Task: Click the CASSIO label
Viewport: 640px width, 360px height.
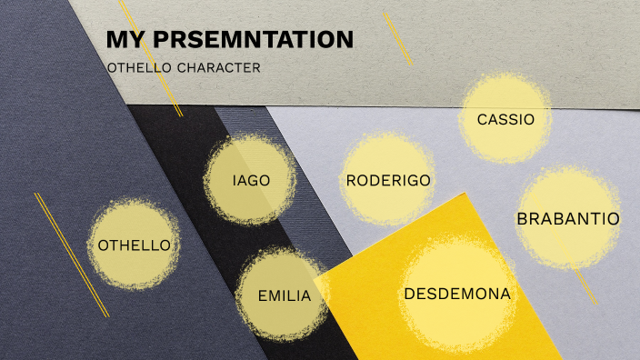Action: (505, 119)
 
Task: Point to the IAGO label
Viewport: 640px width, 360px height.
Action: (251, 180)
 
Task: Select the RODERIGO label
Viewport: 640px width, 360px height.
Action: (388, 180)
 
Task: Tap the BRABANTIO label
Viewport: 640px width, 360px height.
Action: (568, 218)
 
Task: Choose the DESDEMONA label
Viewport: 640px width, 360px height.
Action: (457, 294)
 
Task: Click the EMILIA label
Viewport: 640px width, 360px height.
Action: (285, 295)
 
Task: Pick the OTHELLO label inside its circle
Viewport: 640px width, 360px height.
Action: (134, 245)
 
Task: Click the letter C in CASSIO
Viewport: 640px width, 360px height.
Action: (482, 119)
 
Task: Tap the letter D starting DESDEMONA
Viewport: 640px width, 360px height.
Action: (409, 294)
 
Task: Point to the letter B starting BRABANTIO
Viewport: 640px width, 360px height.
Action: (522, 218)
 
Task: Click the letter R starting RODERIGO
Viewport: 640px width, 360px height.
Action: (351, 180)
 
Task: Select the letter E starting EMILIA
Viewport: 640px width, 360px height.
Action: (262, 295)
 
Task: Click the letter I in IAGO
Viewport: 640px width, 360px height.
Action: (235, 180)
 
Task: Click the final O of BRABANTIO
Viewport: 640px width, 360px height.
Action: (615, 218)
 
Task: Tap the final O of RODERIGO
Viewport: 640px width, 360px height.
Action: (425, 180)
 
